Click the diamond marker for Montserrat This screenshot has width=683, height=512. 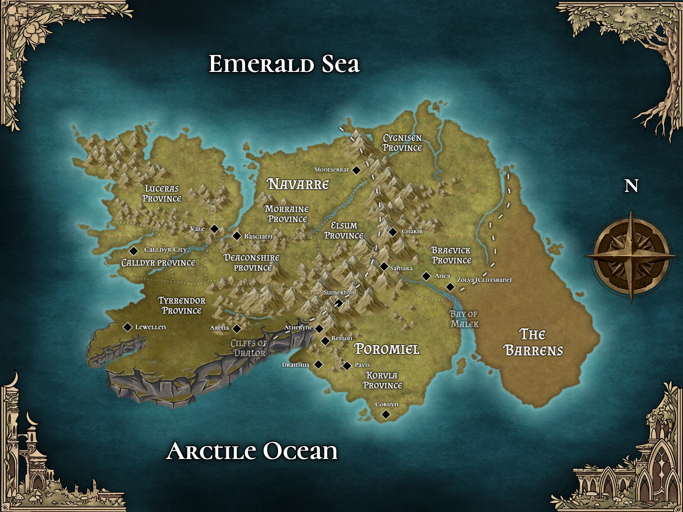pyautogui.click(x=357, y=170)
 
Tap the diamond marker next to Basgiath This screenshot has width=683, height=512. pyautogui.click(x=237, y=236)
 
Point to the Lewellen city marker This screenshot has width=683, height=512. pyautogui.click(x=127, y=327)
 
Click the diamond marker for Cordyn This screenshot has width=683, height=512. pyautogui.click(x=386, y=414)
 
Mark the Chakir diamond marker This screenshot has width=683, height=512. pyautogui.click(x=393, y=232)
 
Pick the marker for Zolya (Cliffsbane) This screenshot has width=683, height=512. pyautogui.click(x=450, y=287)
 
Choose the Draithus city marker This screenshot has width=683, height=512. pyautogui.click(x=319, y=364)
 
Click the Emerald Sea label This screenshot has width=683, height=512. pyautogui.click(x=284, y=64)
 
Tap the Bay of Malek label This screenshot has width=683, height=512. pyautogui.click(x=464, y=319)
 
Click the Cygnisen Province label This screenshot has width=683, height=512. pyautogui.click(x=402, y=143)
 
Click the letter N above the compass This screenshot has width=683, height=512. pyautogui.click(x=631, y=186)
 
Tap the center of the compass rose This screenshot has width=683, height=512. pyautogui.click(x=631, y=256)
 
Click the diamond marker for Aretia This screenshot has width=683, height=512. pyautogui.click(x=237, y=329)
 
